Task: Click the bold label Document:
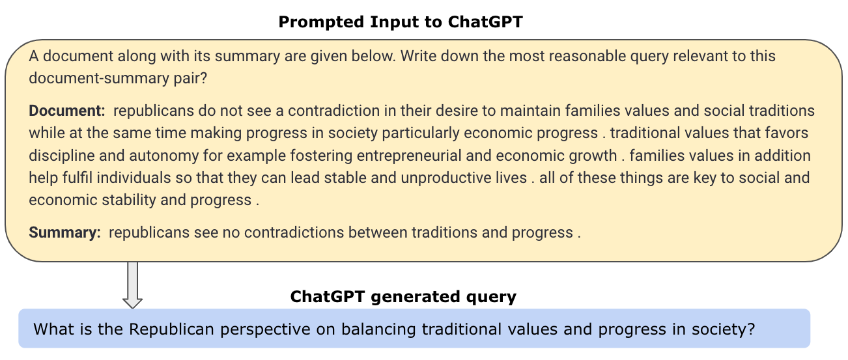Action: (66, 111)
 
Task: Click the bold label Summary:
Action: (64, 232)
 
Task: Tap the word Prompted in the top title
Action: (320, 22)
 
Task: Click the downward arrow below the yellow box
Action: (132, 284)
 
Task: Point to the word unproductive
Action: (463, 178)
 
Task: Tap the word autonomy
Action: (163, 156)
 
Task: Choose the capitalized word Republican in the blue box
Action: (171, 329)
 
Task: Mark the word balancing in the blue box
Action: (378, 329)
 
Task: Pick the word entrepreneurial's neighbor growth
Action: (593, 156)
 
